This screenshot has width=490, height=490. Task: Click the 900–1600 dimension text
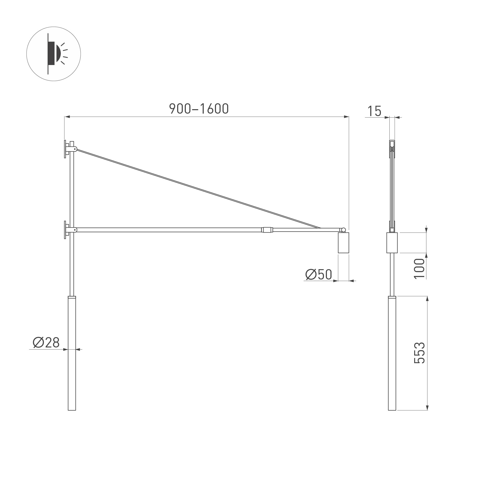point(199,109)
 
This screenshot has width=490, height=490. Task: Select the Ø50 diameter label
point(318,274)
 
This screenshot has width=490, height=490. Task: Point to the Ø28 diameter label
point(46,343)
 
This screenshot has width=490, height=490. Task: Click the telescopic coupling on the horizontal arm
point(267,230)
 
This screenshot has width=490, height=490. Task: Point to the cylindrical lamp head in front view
point(344,243)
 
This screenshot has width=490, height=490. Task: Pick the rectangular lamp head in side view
point(392,243)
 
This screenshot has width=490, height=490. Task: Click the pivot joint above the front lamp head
point(344,230)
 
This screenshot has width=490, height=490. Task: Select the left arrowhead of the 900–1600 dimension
point(67,117)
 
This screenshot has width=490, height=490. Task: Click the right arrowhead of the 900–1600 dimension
point(346,117)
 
